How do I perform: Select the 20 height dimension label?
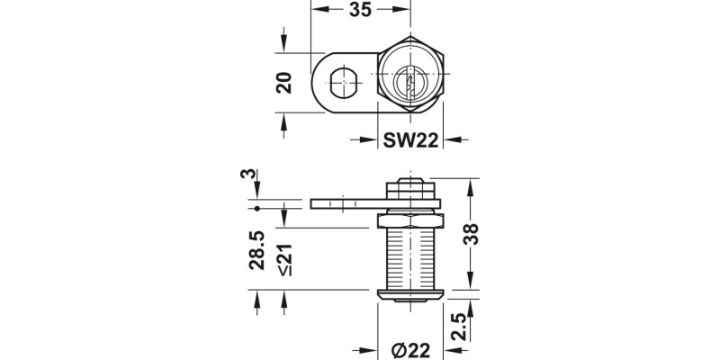click(x=284, y=83)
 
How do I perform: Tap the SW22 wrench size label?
click(x=410, y=139)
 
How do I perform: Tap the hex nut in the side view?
click(x=409, y=220)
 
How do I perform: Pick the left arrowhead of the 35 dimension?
click(x=317, y=12)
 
